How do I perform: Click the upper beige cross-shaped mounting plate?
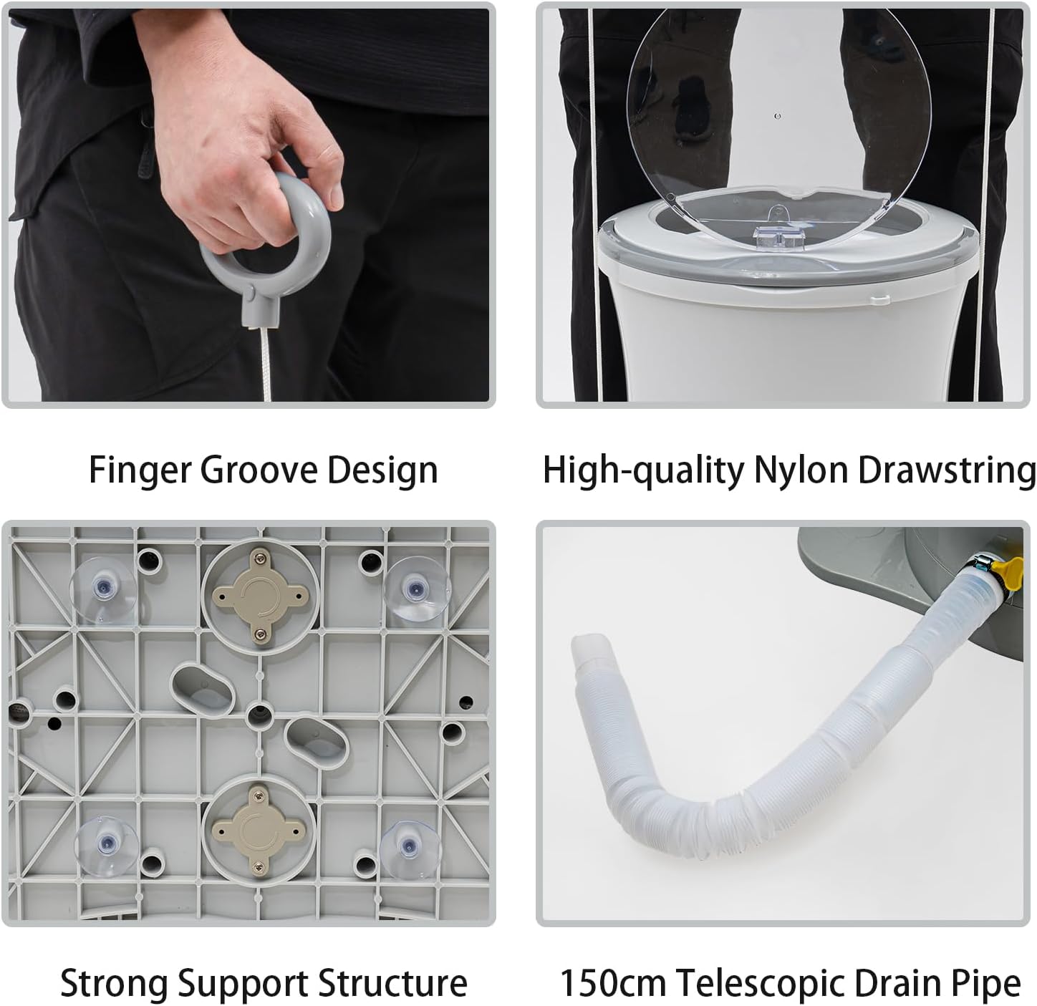pos(261,596)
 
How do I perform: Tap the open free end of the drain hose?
pos(586,646)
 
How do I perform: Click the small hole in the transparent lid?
pos(778,116)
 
